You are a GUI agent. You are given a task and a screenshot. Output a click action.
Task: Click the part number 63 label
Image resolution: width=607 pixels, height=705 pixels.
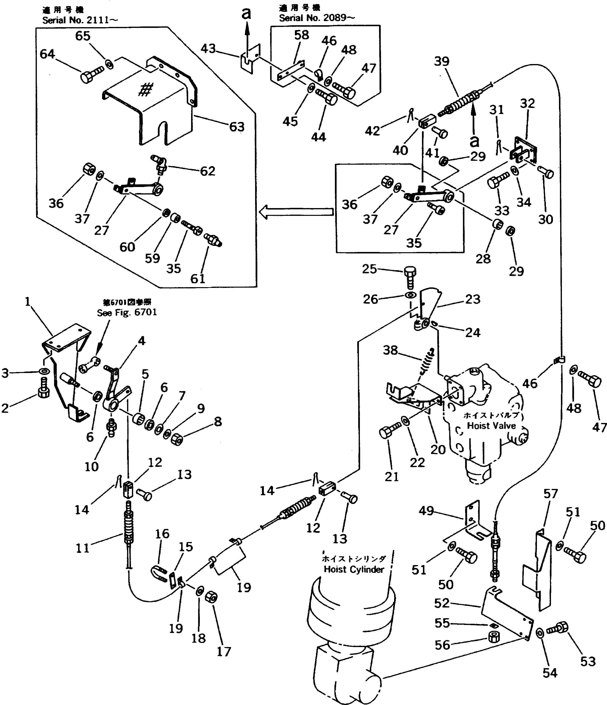tap(237, 127)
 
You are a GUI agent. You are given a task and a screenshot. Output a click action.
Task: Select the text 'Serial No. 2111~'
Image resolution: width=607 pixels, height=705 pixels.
tap(80, 20)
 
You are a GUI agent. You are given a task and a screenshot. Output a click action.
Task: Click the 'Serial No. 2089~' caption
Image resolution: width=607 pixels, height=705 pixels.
tap(317, 18)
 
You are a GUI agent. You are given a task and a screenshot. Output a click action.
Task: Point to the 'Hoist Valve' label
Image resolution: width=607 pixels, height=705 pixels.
tap(491, 426)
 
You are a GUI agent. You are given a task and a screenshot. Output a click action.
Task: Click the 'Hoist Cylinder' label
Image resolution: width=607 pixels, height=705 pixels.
tap(354, 569)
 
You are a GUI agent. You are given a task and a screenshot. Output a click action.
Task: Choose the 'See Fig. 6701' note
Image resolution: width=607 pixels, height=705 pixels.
tap(127, 313)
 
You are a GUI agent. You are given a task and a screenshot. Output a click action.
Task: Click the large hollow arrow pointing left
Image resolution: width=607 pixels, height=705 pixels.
tap(296, 212)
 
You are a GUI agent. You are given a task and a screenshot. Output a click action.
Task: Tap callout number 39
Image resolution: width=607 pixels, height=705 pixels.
tap(442, 62)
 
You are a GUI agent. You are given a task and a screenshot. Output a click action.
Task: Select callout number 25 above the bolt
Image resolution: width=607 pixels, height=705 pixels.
tap(370, 269)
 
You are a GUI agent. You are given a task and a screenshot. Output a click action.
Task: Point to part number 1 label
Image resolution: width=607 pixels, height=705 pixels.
tap(28, 301)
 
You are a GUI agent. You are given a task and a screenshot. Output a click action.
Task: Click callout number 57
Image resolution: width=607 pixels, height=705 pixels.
tap(550, 494)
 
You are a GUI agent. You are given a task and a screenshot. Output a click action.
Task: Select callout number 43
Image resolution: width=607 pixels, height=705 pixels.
tap(208, 49)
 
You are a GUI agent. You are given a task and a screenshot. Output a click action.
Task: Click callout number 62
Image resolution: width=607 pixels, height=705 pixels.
tap(208, 171)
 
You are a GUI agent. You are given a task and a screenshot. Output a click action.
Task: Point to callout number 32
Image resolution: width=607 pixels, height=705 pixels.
tap(527, 104)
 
